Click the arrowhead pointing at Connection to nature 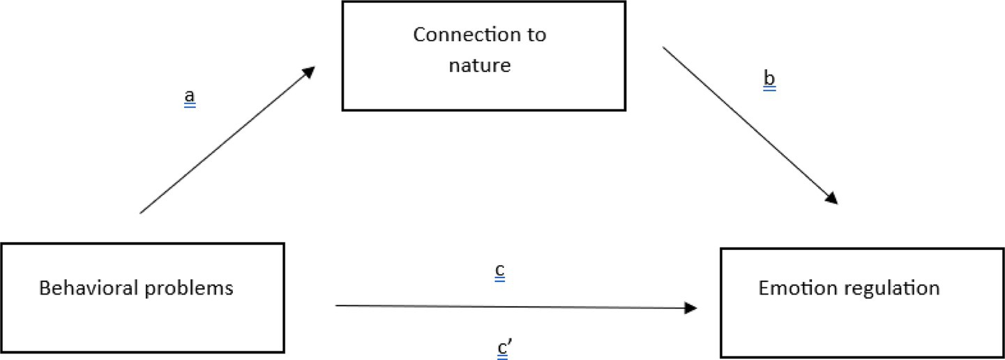(309, 72)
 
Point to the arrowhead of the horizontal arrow (691, 307)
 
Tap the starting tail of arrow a (141, 212)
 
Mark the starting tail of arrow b (663, 48)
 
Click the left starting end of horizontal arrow (337, 306)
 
